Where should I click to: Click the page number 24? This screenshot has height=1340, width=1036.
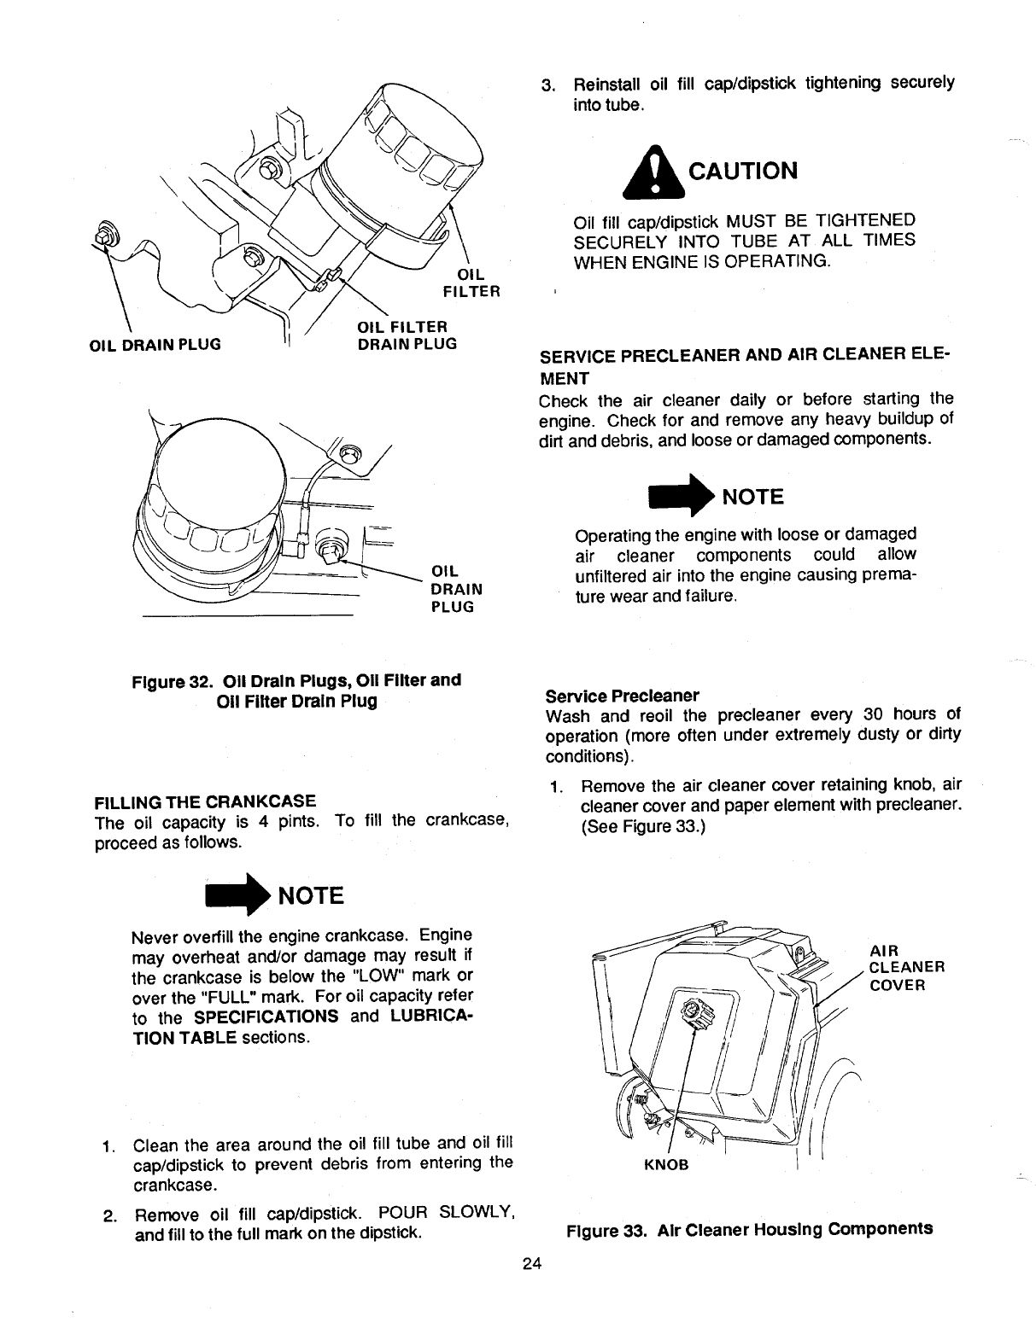point(531,1264)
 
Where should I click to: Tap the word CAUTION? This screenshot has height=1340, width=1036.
point(742,171)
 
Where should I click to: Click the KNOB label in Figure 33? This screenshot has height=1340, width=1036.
point(666,1165)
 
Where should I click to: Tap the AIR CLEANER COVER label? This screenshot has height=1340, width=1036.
point(905,967)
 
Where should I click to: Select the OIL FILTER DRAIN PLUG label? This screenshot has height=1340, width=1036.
point(406,335)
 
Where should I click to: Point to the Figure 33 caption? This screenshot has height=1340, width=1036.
point(749,1229)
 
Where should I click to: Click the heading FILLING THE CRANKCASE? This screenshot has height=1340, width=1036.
point(206,801)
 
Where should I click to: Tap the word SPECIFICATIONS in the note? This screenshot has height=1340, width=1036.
point(266,1017)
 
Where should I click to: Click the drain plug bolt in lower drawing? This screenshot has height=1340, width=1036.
point(333,546)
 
